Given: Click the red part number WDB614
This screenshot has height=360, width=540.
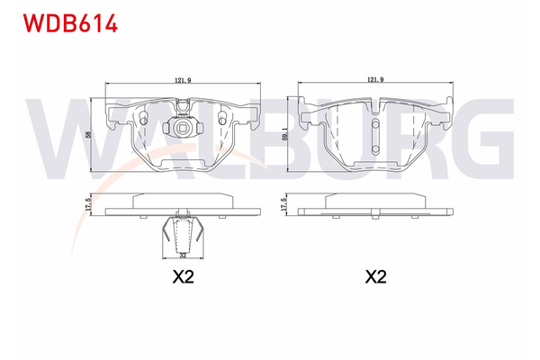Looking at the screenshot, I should [64, 22].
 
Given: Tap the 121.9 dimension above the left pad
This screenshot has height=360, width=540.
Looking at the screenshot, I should [182, 81].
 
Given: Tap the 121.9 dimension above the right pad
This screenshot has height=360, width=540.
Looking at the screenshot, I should [375, 81].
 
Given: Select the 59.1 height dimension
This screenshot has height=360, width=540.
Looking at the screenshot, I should [284, 134].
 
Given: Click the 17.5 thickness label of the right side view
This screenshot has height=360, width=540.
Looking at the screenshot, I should [284, 205].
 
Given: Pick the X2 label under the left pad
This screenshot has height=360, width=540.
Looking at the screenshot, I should [183, 278].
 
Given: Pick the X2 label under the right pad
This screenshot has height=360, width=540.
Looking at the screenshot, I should [375, 278].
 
